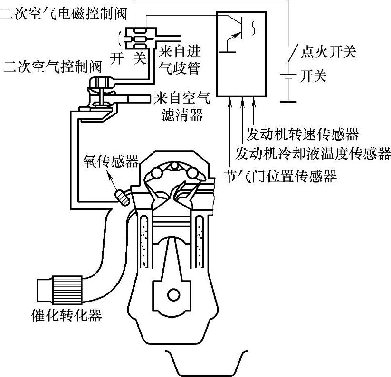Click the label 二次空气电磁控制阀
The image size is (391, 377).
click(x=64, y=13)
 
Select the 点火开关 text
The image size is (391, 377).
click(x=328, y=51)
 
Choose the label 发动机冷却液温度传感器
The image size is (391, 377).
click(x=313, y=153)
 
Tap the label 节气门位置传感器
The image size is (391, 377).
click(x=280, y=177)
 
